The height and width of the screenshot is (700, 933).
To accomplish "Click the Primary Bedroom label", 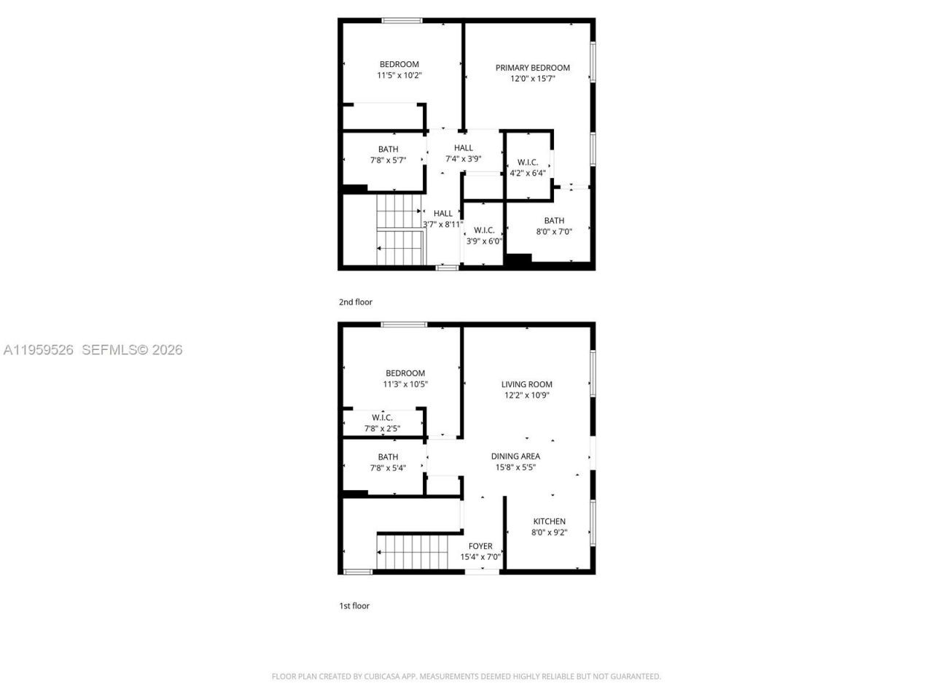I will pyautogui.click(x=533, y=68).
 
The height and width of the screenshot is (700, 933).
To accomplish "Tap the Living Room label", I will pyautogui.click(x=527, y=384).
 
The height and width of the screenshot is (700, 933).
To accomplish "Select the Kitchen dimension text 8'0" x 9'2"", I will pyautogui.click(x=549, y=532).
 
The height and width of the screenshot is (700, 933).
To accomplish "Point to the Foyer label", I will pyautogui.click(x=480, y=546).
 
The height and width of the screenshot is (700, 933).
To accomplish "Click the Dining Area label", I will pyautogui.click(x=515, y=456).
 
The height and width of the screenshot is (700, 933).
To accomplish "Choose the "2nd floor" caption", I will pyautogui.click(x=355, y=302).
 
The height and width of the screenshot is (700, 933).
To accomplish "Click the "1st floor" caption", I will pyautogui.click(x=354, y=606).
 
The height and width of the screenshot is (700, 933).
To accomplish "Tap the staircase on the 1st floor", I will pyautogui.click(x=412, y=553).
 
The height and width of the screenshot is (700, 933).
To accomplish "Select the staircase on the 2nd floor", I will pyautogui.click(x=399, y=230).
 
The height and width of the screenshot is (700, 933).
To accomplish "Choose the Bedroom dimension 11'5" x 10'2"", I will pyautogui.click(x=399, y=75).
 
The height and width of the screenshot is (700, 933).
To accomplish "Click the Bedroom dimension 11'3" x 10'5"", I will pyautogui.click(x=405, y=384).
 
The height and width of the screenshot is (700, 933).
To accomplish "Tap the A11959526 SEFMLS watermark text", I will pyautogui.click(x=93, y=350).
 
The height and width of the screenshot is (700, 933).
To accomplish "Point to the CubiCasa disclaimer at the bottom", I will pyautogui.click(x=466, y=677).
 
